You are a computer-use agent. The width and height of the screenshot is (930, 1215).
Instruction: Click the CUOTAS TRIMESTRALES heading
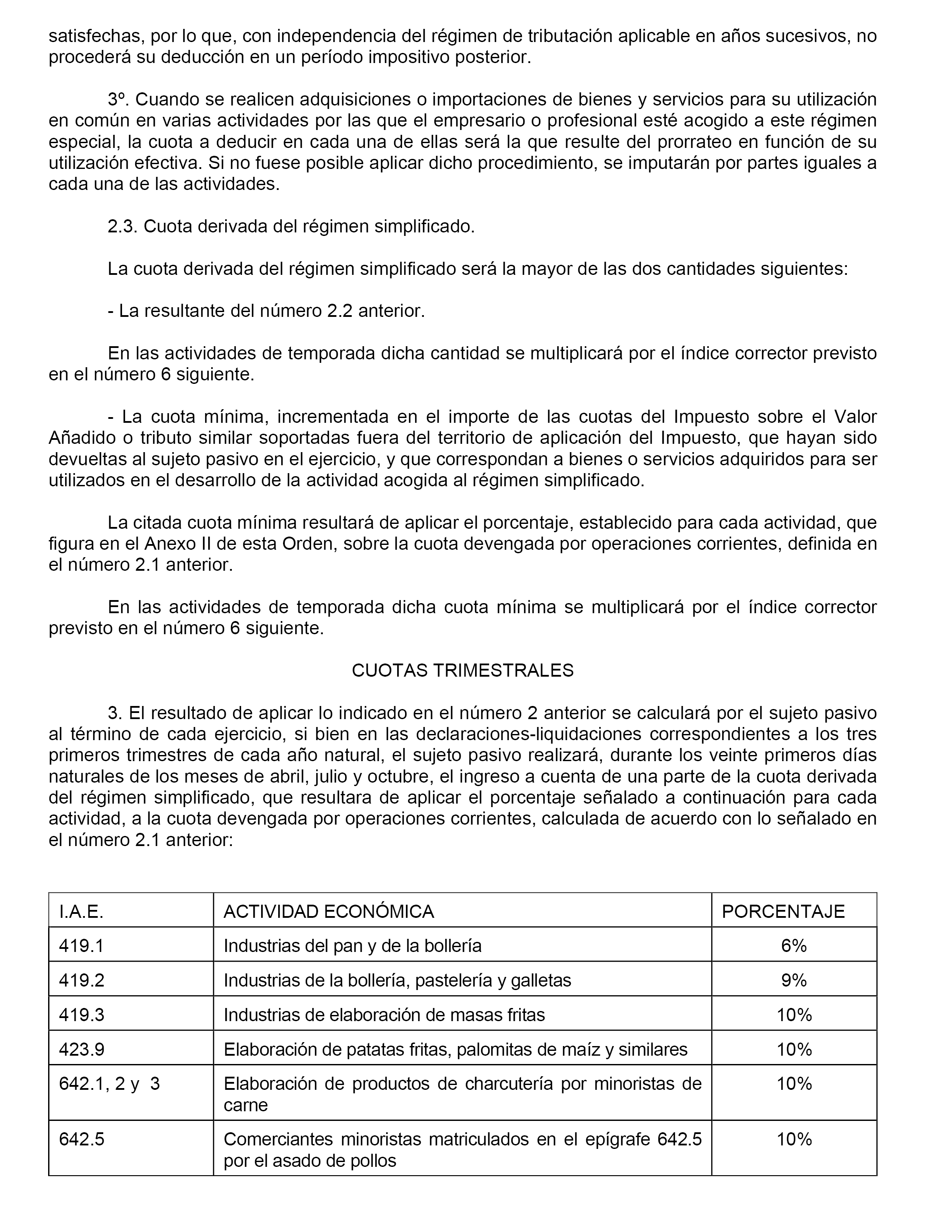tap(462, 671)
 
